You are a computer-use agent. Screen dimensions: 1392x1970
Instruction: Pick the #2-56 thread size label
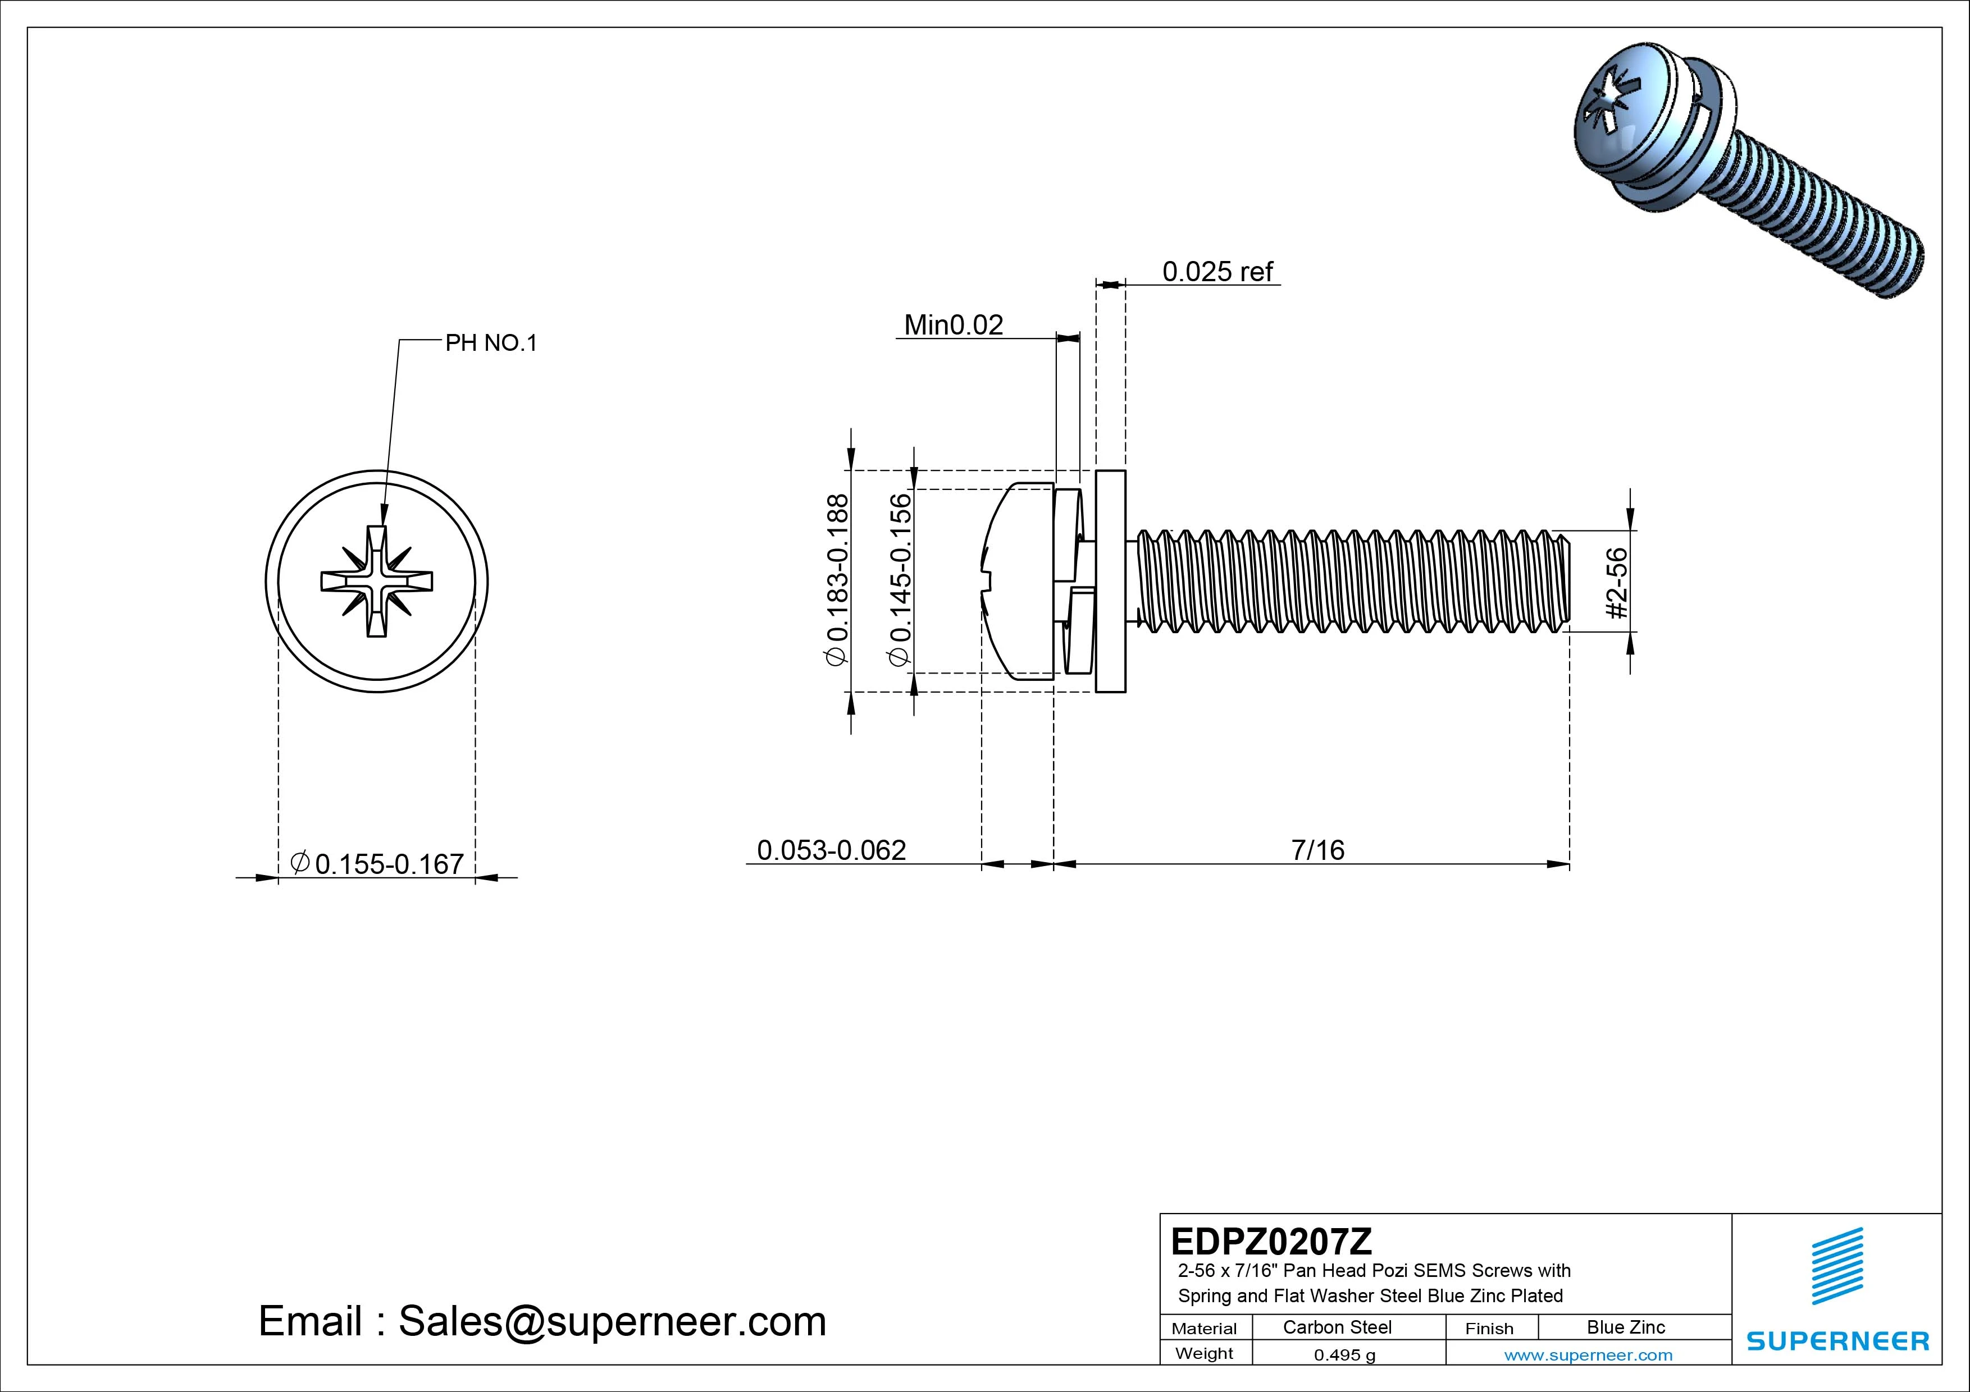(1617, 583)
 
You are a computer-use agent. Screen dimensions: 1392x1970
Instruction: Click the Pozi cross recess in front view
(377, 581)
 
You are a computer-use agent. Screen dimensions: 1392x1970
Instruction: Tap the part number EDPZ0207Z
(1271, 1241)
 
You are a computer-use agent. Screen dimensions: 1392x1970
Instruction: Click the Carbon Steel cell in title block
(1336, 1327)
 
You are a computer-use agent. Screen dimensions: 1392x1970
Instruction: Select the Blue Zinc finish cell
(1625, 1327)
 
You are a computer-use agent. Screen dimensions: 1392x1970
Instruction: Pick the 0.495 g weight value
(1344, 1355)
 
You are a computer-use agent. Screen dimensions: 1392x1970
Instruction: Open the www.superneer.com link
(1588, 1355)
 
